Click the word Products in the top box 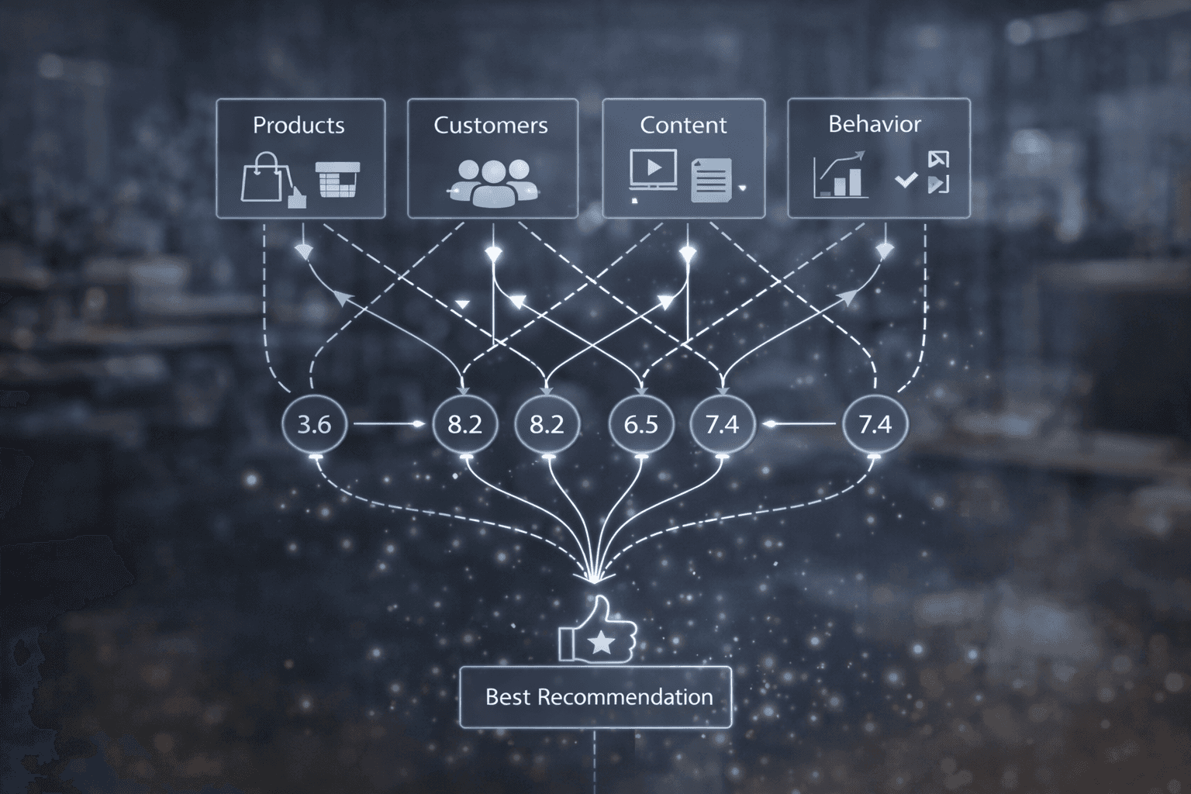(299, 125)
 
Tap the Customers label (490, 125)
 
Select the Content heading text (683, 125)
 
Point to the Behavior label (875, 124)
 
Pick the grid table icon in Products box (339, 179)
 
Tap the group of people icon (492, 181)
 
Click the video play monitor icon (653, 171)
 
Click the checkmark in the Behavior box (905, 181)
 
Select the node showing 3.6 (314, 424)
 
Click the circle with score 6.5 (641, 424)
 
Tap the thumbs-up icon (598, 631)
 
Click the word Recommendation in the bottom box (625, 697)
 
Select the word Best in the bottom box (507, 697)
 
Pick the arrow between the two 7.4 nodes (802, 424)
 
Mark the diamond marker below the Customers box (494, 252)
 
